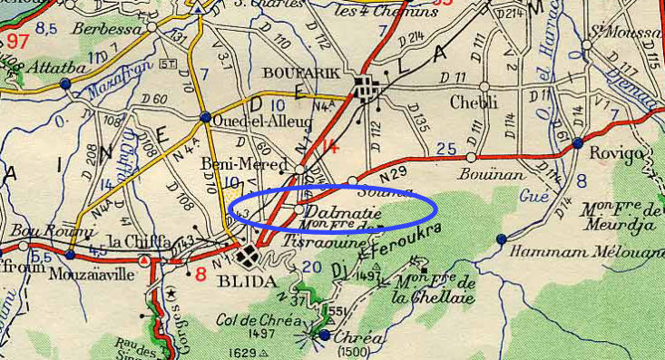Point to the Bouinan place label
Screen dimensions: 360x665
pos(481,171)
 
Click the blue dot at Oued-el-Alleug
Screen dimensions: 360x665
pos(206,117)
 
